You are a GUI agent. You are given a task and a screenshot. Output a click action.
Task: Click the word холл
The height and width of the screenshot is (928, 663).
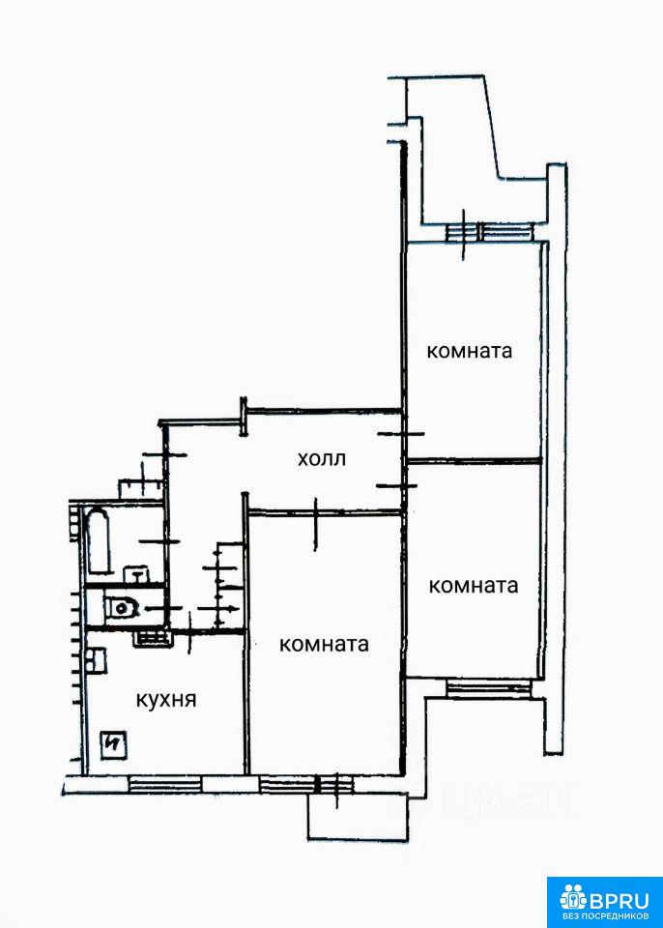pos(321,458)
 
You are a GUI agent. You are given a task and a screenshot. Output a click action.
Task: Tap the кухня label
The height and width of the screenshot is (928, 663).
pos(165,700)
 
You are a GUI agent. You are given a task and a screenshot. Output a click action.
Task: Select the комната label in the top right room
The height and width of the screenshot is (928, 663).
pos(469,351)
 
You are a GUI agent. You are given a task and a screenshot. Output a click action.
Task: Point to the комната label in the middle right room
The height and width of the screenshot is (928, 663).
pos(473,585)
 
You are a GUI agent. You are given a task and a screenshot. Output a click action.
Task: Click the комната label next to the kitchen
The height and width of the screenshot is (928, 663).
pos(324,645)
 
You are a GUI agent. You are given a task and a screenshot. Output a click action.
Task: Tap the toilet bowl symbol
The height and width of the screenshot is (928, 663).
pos(122,608)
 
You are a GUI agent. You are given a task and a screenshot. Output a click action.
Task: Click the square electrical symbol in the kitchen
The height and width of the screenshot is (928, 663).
pos(114,744)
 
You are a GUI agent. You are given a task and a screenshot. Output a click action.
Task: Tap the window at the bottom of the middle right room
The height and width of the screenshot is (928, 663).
pos(488,687)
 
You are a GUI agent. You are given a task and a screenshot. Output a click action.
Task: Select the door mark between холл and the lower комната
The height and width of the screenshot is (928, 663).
pos(317,522)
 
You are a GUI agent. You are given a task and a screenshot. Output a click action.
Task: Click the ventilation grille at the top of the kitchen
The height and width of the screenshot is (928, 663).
pos(150,636)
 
